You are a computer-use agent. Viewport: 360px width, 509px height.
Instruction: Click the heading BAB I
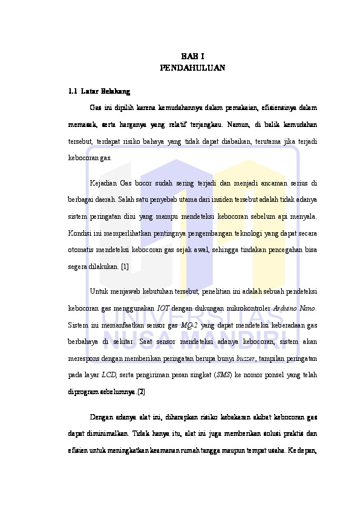coord(192,56)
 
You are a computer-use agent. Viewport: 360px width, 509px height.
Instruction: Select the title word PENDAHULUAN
coord(192,68)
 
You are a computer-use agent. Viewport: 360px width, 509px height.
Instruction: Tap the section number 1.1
coord(73,92)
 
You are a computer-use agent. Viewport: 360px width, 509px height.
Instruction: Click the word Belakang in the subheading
coord(116,92)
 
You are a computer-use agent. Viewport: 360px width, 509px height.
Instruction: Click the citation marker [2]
coord(141,392)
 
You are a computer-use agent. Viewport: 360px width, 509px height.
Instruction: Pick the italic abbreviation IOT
coord(163,308)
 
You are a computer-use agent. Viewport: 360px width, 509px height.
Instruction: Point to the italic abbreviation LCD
coord(110,375)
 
